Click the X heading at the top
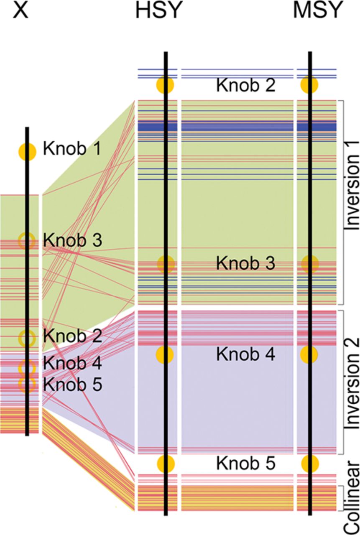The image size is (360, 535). coord(20,11)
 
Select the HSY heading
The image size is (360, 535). coord(159,11)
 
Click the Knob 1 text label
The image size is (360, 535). coord(72,149)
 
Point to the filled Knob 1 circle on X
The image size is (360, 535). coord(27,151)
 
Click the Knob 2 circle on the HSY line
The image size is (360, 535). coord(165,85)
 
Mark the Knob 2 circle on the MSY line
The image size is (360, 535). coord(310,85)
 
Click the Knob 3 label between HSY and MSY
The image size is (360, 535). coord(245,264)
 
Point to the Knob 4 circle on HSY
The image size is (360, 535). coord(165,354)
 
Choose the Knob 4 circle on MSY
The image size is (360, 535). coord(309,354)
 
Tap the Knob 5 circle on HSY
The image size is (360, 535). coord(165,463)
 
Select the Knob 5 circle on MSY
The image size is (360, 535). coord(310,463)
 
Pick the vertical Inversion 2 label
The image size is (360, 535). coord(351,381)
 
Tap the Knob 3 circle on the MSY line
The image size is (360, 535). coord(310,263)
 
